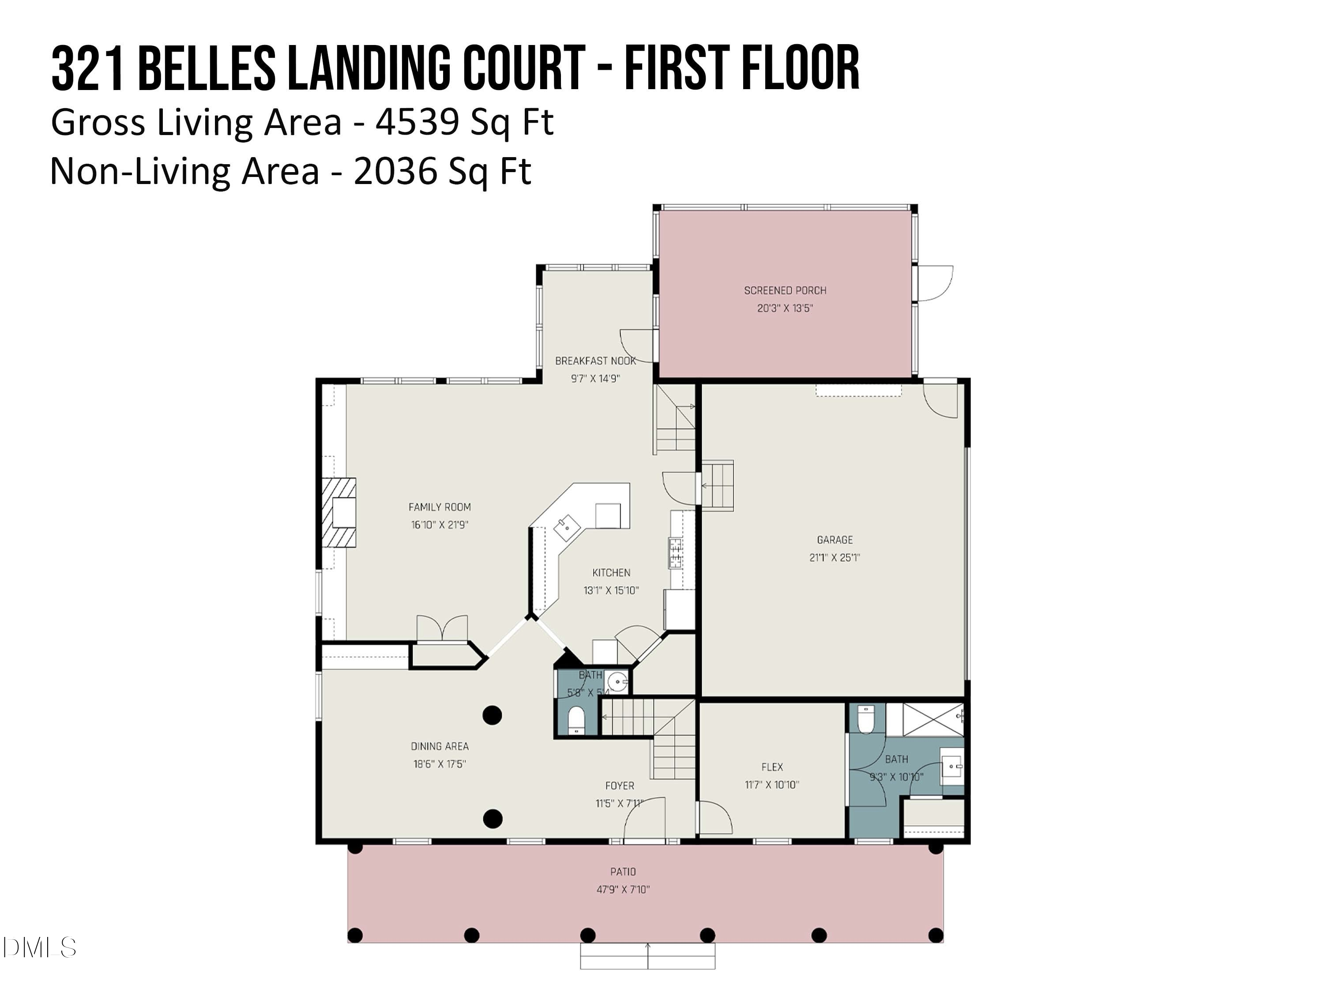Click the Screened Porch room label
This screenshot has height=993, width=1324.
click(785, 290)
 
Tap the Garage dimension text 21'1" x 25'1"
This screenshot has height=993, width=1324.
click(835, 557)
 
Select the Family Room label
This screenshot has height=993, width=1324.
click(439, 507)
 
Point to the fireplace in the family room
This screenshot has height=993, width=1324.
click(339, 512)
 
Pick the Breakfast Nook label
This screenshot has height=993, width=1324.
click(595, 361)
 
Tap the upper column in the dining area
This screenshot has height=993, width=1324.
click(492, 715)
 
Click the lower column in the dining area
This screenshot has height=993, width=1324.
click(492, 818)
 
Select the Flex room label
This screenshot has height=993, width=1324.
click(772, 767)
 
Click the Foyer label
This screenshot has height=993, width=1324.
click(620, 785)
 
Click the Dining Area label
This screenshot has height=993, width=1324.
click(439, 746)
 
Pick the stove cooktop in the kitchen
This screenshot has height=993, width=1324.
click(675, 553)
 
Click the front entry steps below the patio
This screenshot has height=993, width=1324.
click(647, 956)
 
